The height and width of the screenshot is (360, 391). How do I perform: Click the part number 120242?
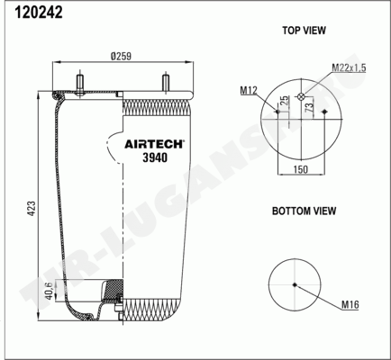point(39,13)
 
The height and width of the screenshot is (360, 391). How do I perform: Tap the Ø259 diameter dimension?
point(121,56)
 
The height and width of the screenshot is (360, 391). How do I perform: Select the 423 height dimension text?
point(32,208)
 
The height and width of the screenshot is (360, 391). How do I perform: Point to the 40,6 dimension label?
point(50,290)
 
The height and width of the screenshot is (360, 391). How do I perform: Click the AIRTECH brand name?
point(153,144)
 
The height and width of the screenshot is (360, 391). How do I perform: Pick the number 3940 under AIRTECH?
point(155,157)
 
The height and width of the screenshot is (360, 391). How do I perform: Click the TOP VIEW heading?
point(304,31)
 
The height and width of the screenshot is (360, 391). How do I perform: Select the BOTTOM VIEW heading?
point(304,211)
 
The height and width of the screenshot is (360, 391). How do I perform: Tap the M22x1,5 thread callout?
point(349,68)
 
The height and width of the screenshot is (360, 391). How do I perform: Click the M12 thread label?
point(249,90)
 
